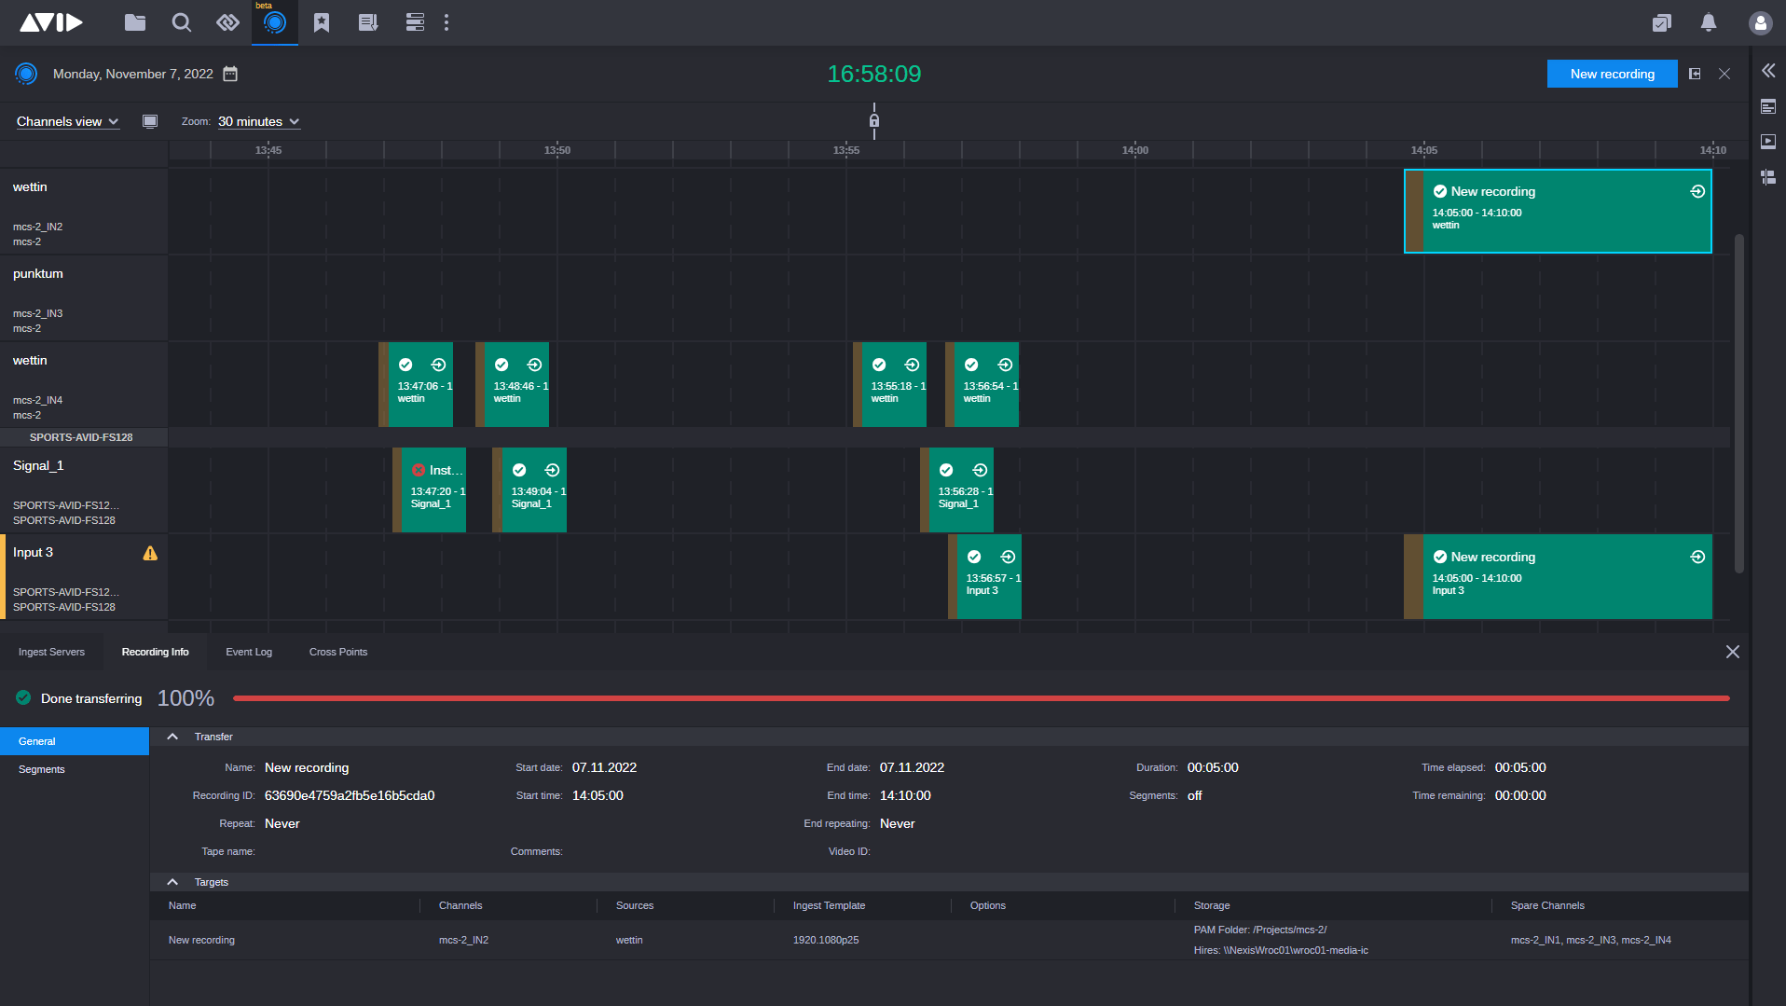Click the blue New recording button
tap(1612, 74)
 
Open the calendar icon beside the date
tap(230, 74)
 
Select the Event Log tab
tap(249, 652)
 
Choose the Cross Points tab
tap(338, 652)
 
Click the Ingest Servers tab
tap(51, 652)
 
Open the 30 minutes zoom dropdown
tap(258, 121)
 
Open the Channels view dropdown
tap(67, 121)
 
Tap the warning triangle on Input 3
tap(150, 553)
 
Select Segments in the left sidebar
tap(42, 769)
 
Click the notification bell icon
tap(1709, 22)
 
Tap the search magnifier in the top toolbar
tap(182, 22)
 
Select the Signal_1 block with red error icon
tap(433, 489)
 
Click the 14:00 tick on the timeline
tap(1134, 150)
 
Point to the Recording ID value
tap(350, 795)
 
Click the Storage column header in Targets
tap(1212, 905)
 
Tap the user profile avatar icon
tap(1760, 23)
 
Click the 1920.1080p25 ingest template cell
tap(826, 940)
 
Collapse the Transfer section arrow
tap(172, 737)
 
